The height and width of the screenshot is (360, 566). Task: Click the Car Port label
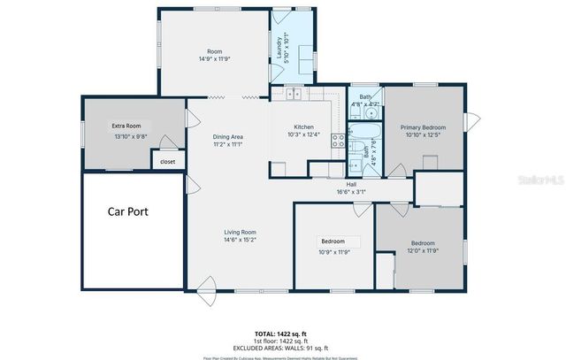pos(128,211)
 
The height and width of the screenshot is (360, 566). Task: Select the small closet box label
pos(168,162)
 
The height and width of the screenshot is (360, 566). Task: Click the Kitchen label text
pos(305,127)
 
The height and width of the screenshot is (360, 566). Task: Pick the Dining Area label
pos(228,136)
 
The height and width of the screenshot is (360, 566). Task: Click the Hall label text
pos(351,184)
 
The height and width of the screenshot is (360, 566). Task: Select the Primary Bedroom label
pos(423,127)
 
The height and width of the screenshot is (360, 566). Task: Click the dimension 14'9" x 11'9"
pos(213,58)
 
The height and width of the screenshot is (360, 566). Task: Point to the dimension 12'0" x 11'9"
pos(424,250)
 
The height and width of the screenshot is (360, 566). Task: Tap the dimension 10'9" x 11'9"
pos(333,250)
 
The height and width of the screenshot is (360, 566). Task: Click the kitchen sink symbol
pos(293,93)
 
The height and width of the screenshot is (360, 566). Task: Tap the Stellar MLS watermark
pos(540,178)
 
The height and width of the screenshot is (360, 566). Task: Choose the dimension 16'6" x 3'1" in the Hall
pos(351,191)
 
